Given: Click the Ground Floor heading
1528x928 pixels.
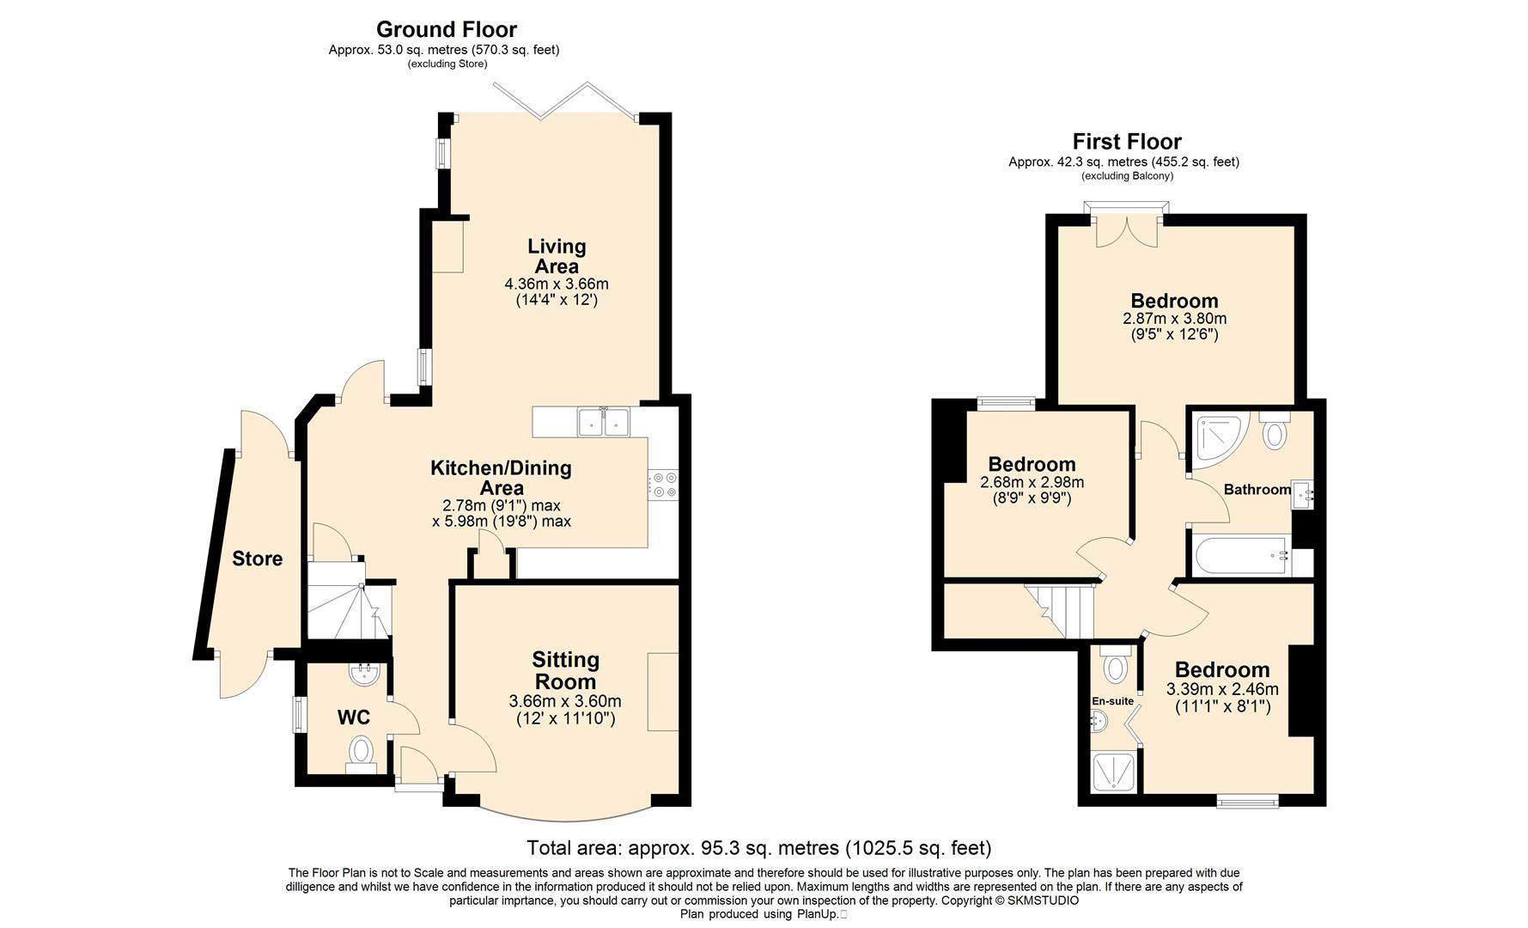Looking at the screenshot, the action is (x=447, y=30).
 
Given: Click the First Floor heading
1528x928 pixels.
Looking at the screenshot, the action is (x=1127, y=142).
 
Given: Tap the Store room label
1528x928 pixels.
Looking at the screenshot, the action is (x=257, y=559).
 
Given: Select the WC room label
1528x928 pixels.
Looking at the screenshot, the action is (x=353, y=717).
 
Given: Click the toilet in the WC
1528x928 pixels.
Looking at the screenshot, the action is (x=362, y=754).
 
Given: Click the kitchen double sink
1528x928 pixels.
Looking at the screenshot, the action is (x=605, y=422).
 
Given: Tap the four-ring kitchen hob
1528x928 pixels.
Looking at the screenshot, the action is (x=664, y=485).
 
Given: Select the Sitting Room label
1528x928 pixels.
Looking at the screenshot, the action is (x=565, y=671).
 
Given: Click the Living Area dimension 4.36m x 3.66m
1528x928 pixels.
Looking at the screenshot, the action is (x=557, y=284).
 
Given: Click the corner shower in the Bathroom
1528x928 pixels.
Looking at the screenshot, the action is (x=1218, y=439).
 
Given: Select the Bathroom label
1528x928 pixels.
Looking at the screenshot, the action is (x=1257, y=489).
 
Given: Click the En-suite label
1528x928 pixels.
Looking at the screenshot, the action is (x=1113, y=701).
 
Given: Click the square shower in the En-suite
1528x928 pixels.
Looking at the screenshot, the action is (x=1115, y=772).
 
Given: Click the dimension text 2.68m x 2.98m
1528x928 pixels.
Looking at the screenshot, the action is (x=1032, y=483).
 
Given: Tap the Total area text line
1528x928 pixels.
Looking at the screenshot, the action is (x=759, y=848).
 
